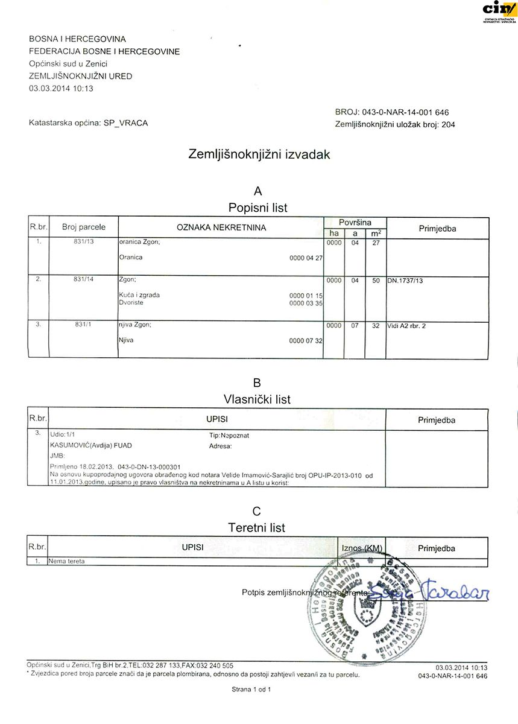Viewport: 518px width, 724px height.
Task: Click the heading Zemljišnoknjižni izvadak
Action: (259, 154)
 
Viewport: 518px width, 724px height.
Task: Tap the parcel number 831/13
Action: (83, 242)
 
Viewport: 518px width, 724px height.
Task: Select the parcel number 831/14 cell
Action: (83, 280)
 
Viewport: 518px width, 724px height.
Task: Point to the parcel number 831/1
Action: (83, 325)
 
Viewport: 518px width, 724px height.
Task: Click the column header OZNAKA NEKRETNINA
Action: (221, 227)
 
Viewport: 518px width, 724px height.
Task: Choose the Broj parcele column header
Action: (83, 227)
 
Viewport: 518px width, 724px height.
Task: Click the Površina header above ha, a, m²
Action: (355, 223)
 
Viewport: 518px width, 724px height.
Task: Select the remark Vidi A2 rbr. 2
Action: (412, 326)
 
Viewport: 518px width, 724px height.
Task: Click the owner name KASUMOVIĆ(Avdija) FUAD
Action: (90, 446)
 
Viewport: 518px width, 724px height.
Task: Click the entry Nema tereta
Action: (68, 561)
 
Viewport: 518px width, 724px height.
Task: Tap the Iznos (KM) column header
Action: (362, 548)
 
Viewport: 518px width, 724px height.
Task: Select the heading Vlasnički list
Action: (257, 399)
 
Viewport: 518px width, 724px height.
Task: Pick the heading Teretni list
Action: (257, 528)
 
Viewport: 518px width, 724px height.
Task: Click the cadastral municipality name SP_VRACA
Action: (125, 123)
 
